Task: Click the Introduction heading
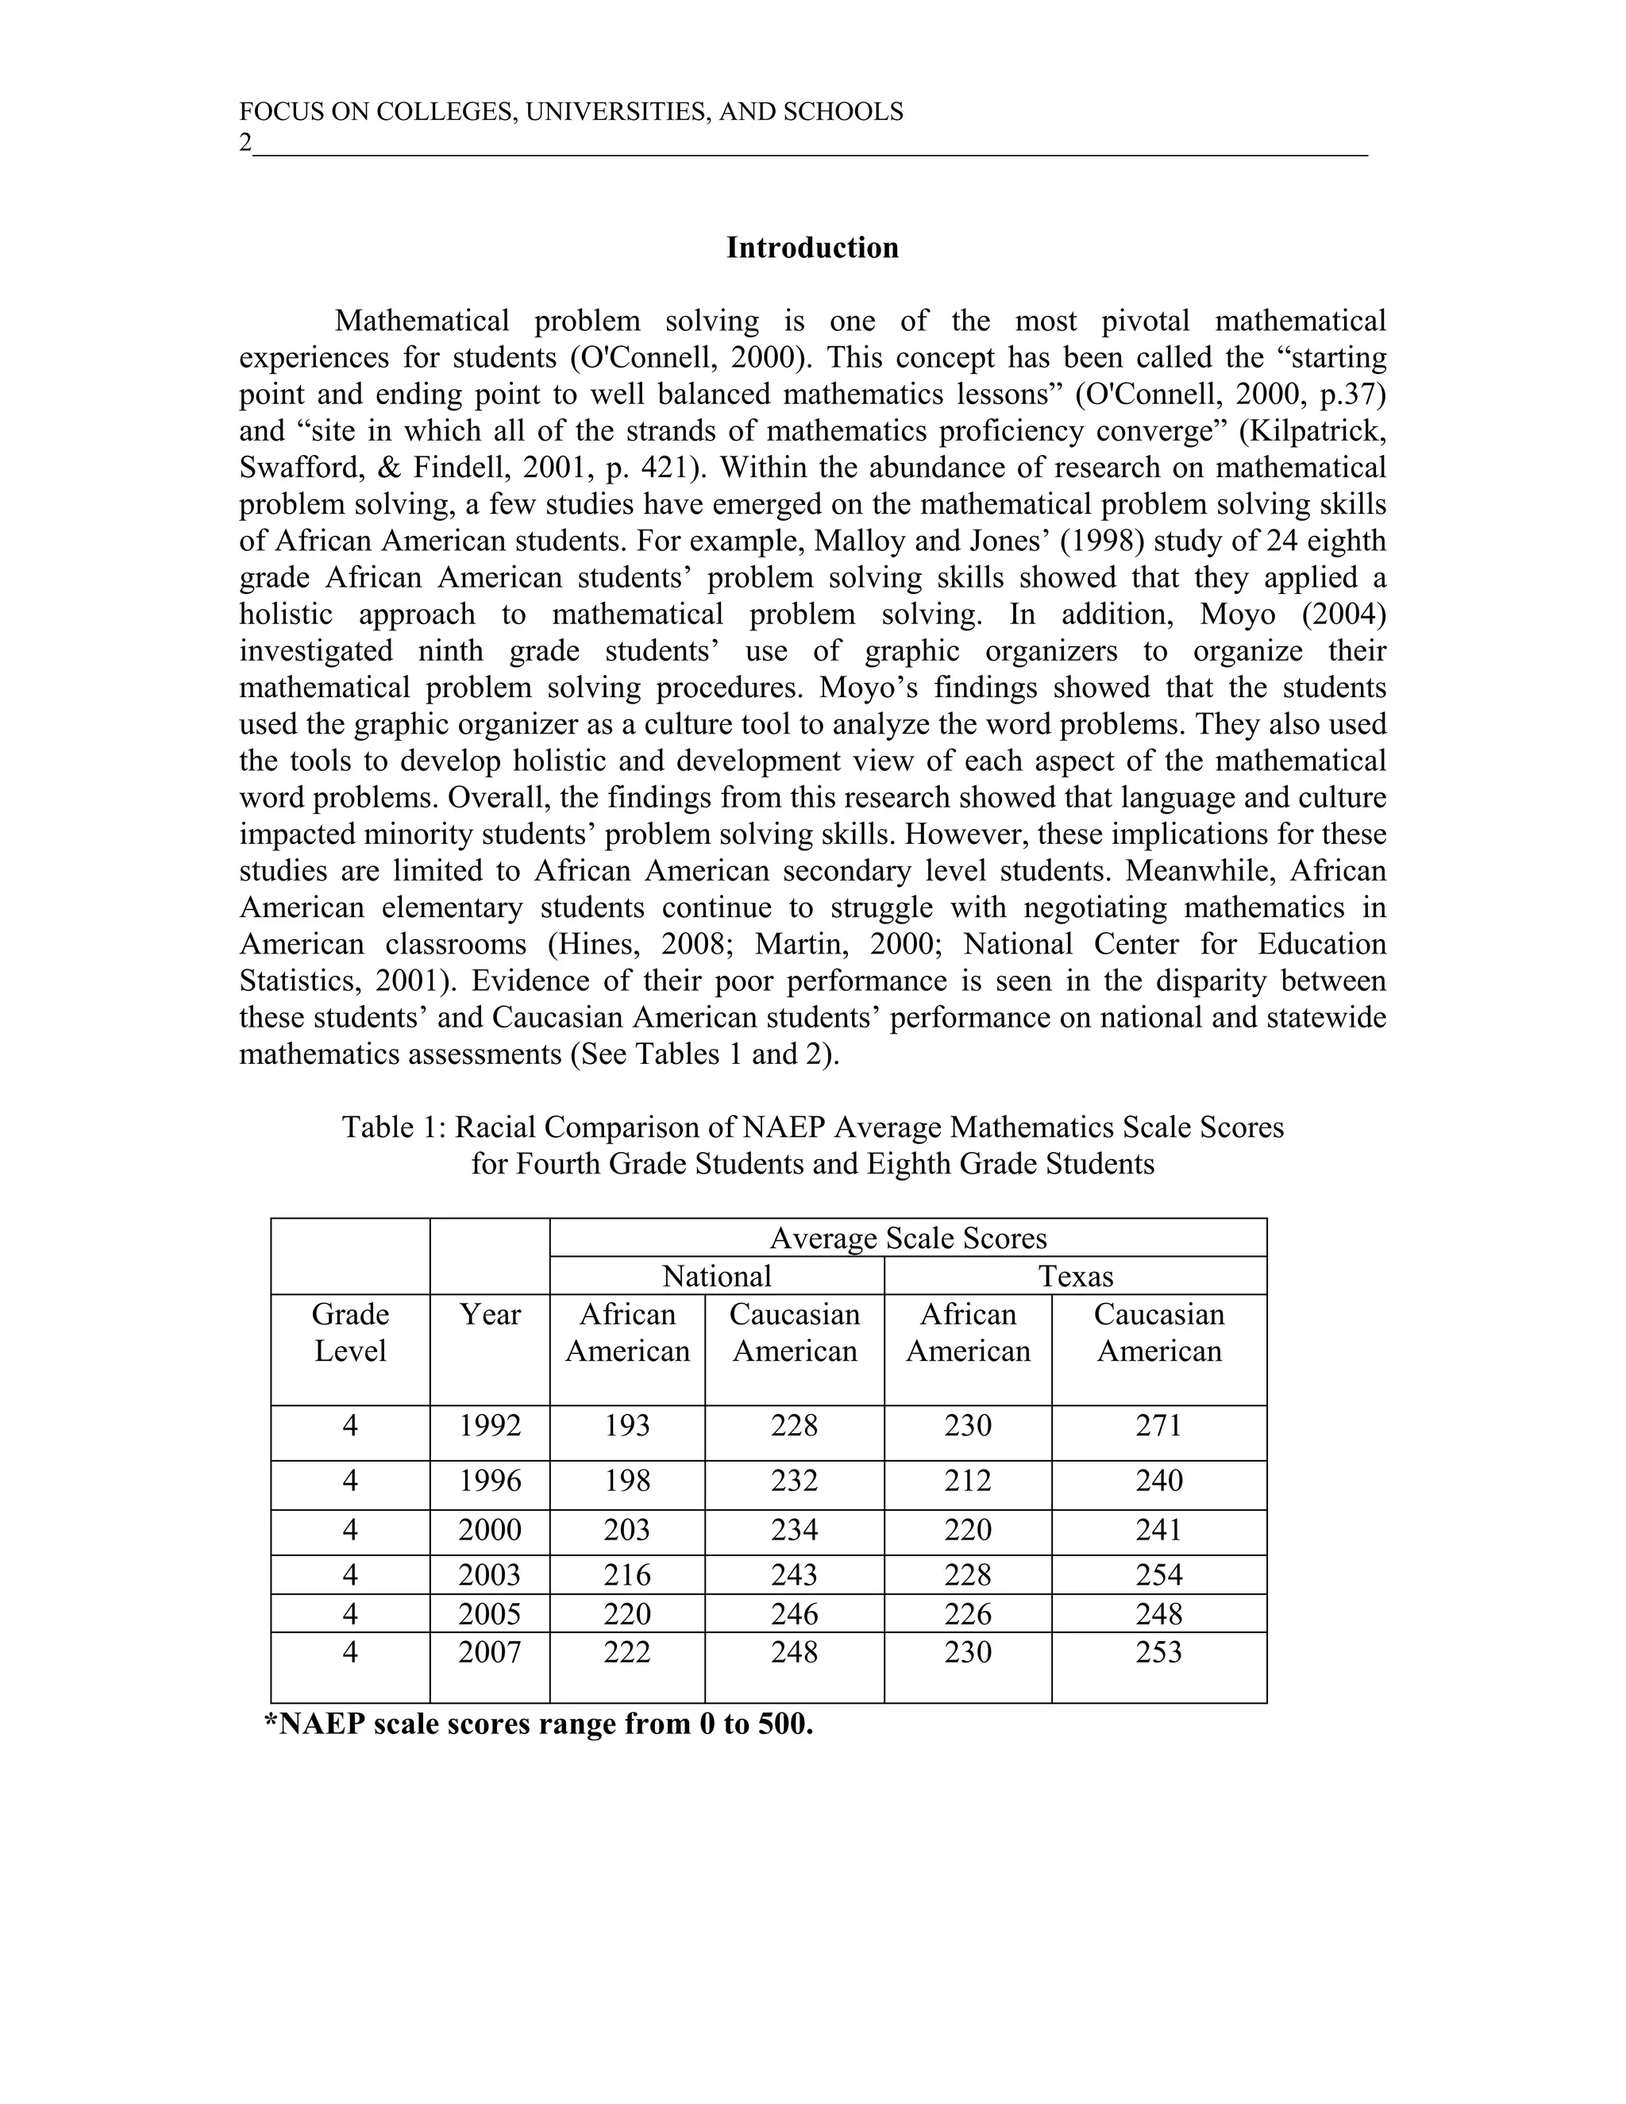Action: pos(812,248)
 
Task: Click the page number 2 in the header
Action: pos(245,144)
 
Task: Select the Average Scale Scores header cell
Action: pos(907,1238)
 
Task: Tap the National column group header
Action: pos(717,1277)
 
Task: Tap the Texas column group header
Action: pos(1075,1277)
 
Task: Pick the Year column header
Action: pos(489,1315)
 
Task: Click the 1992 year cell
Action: pos(489,1426)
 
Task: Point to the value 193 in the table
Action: pos(627,1426)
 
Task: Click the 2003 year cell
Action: pos(489,1575)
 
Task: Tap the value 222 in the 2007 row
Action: pos(627,1653)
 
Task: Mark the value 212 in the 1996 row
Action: pos(967,1481)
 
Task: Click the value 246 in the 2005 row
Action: pos(794,1613)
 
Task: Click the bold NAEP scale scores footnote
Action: pos(539,1724)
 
